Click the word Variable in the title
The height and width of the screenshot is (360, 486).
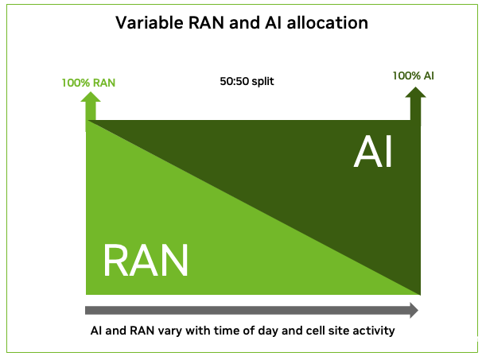[149, 22]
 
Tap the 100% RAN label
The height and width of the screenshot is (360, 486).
[88, 83]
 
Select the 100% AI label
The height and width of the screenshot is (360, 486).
[413, 75]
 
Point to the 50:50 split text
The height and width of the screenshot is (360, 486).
[247, 81]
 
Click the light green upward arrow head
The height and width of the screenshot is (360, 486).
[91, 97]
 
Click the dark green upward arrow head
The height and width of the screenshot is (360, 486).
[416, 92]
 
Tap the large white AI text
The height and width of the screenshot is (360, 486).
[373, 152]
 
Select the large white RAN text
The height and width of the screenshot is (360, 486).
[146, 260]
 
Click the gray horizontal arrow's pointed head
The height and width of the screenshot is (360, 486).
[414, 310]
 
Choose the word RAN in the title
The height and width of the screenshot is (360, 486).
[206, 22]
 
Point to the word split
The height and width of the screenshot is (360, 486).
[262, 82]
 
